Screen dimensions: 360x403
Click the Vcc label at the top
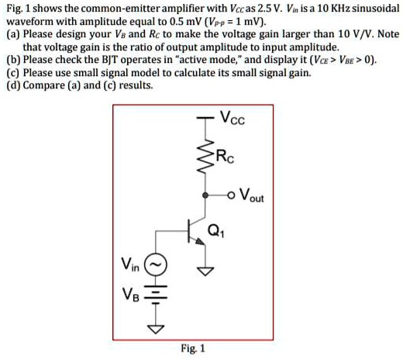[232, 119]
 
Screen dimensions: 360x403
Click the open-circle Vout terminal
[232, 195]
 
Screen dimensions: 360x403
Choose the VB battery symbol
[156, 298]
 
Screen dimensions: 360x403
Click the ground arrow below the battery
[156, 327]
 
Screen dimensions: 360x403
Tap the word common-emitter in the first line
[119, 9]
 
